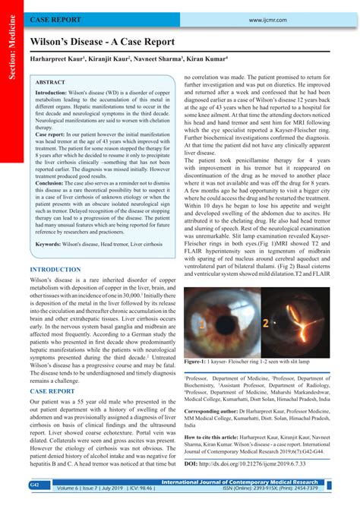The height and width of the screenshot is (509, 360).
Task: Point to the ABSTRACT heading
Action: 50,81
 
